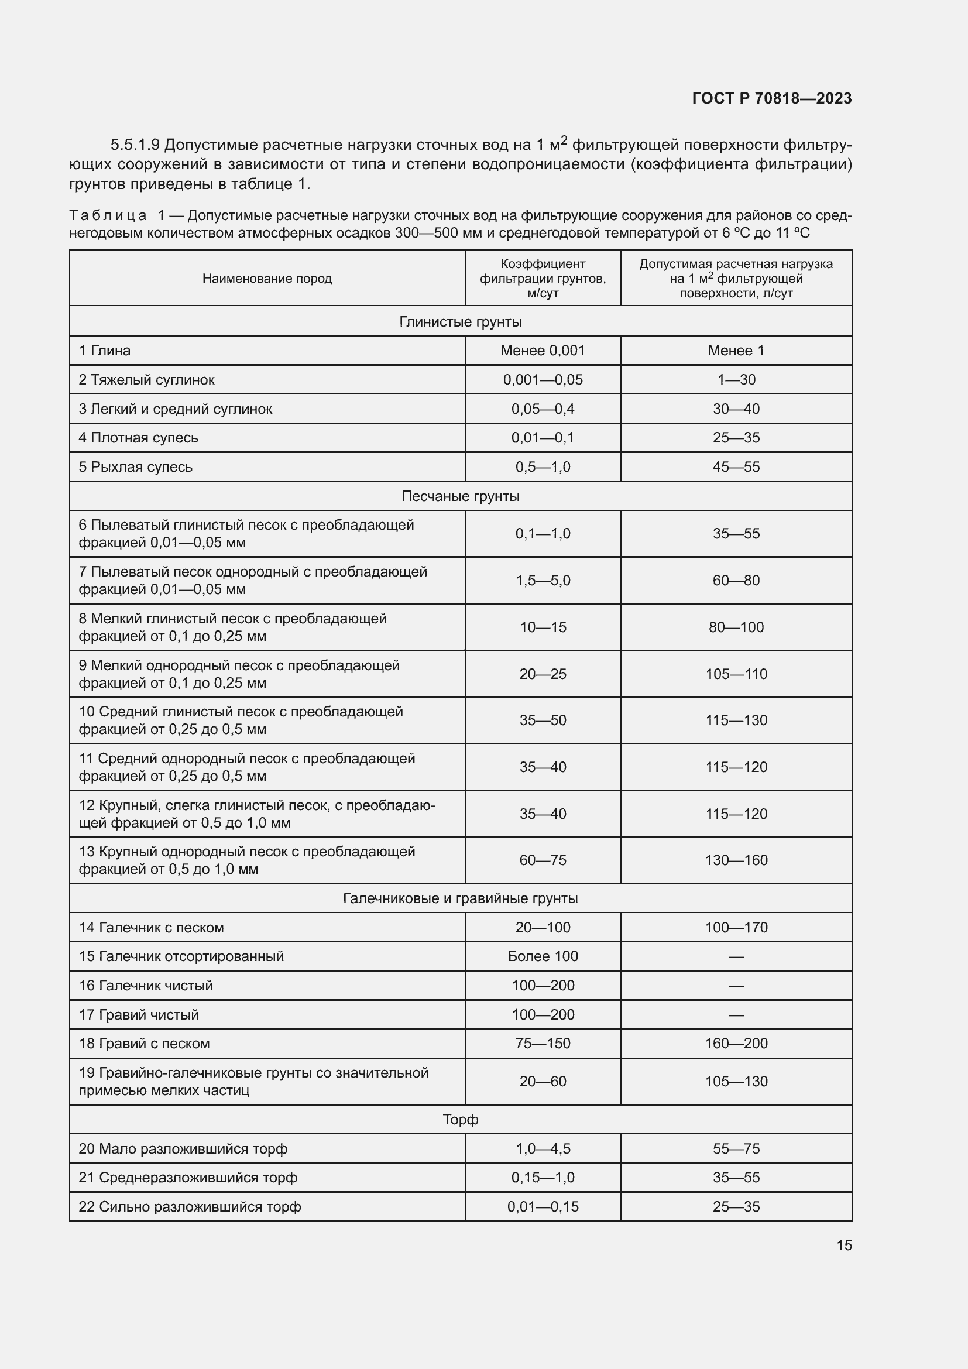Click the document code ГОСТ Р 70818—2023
point(771,98)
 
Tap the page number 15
point(843,1245)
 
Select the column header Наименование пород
point(267,279)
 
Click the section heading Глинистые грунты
point(460,322)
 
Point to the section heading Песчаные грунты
point(460,496)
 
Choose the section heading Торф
point(460,1119)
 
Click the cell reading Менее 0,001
point(543,351)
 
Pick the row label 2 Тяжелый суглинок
point(147,380)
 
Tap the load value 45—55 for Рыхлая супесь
point(736,467)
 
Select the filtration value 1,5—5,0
point(543,580)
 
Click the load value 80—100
point(736,627)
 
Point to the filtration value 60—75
point(543,860)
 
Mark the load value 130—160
point(736,860)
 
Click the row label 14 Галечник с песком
point(152,927)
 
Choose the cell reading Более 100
point(543,956)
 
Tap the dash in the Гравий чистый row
point(736,1015)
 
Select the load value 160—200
point(736,1044)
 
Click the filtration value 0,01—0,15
point(543,1206)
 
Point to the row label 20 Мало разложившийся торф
point(183,1148)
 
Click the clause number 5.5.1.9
point(135,145)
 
